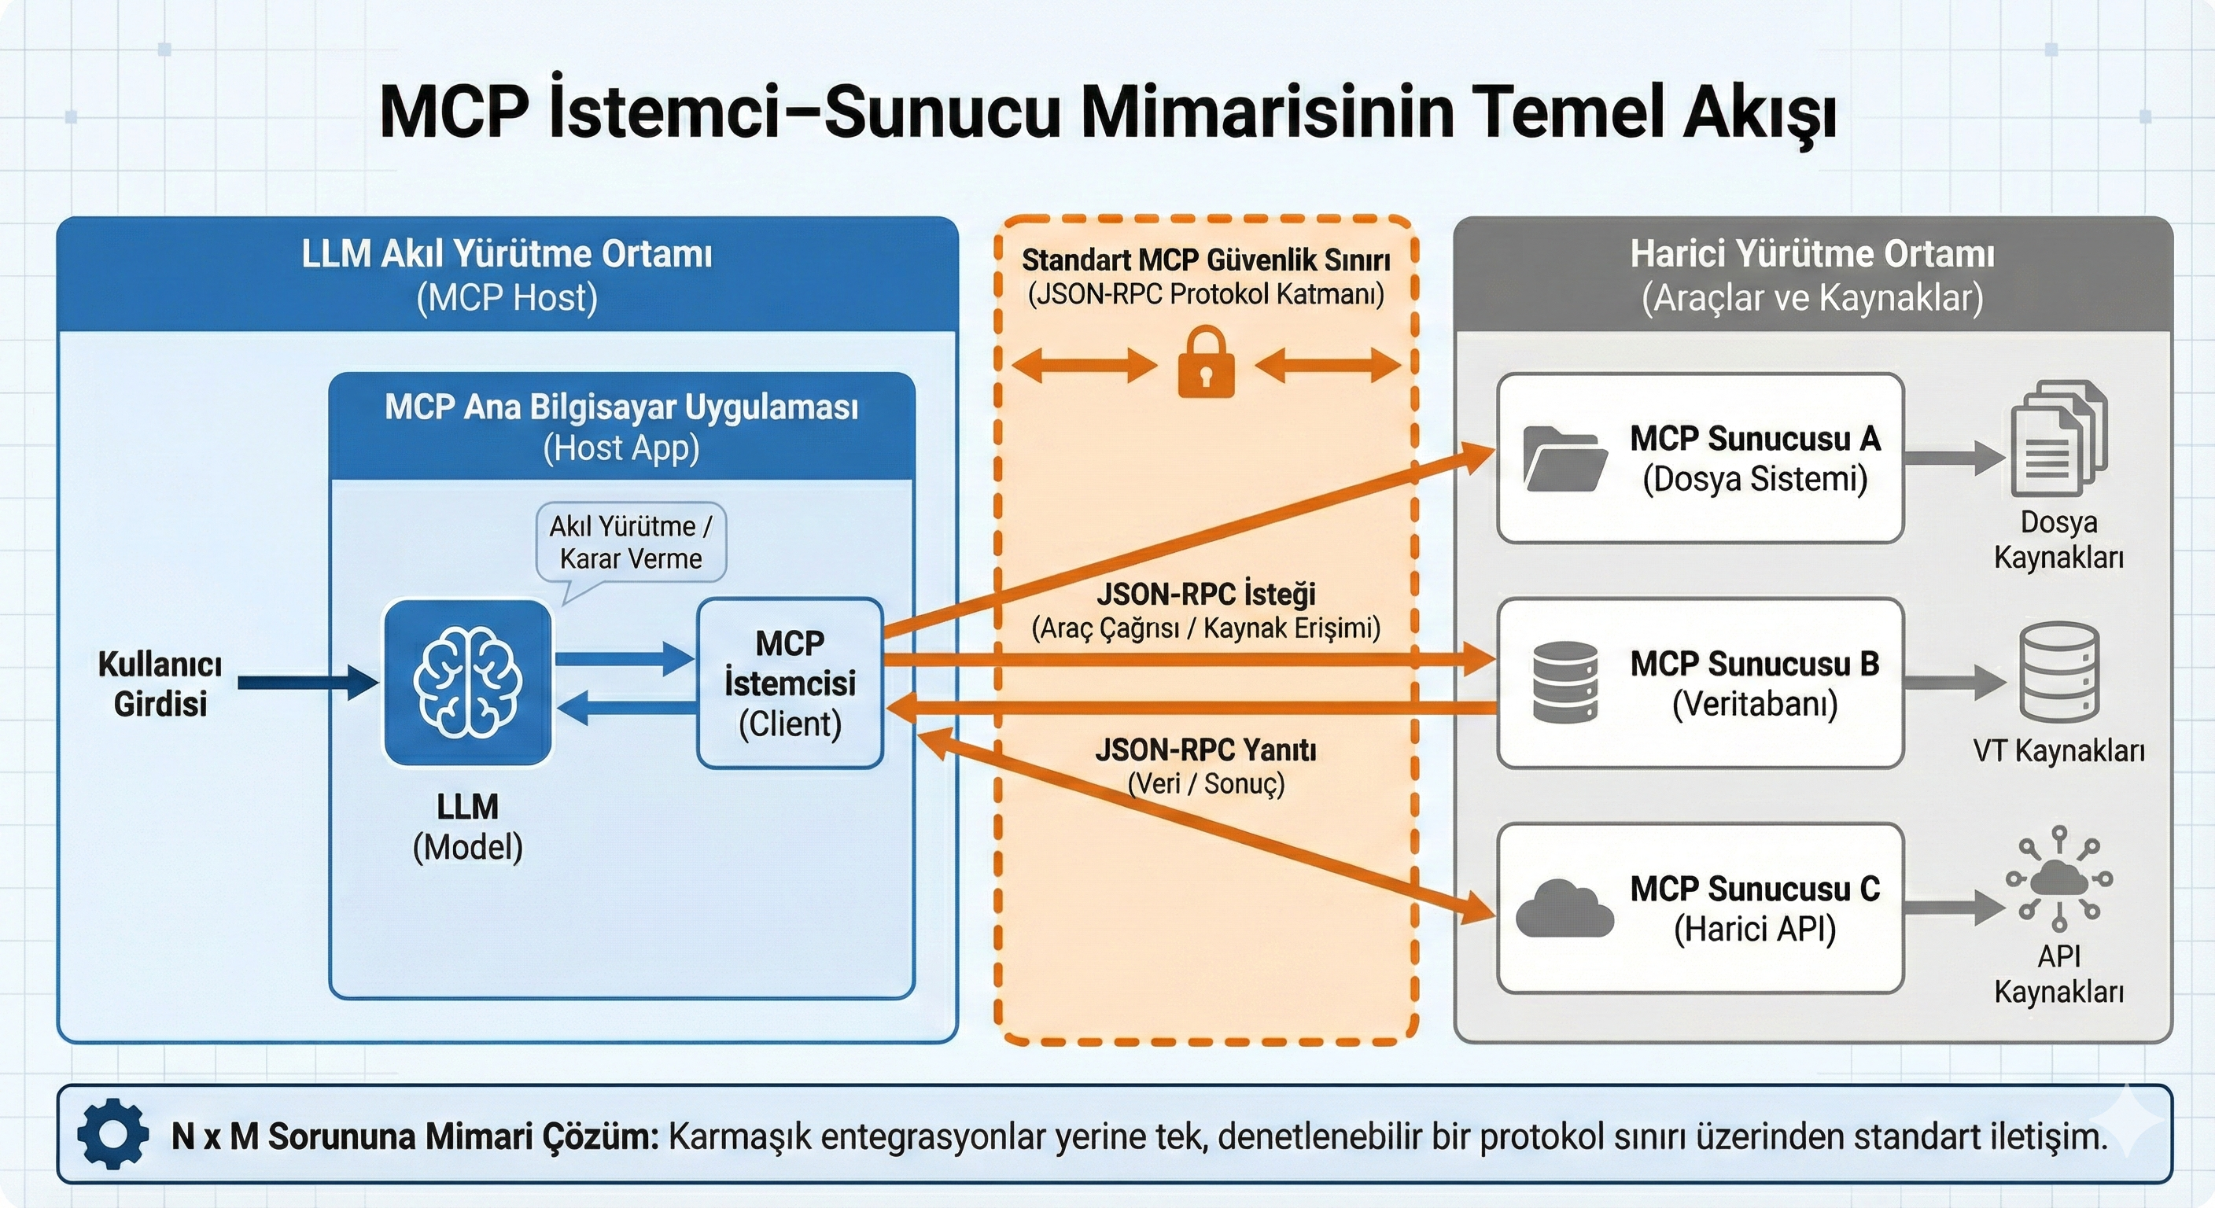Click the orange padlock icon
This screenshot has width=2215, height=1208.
pos(1206,363)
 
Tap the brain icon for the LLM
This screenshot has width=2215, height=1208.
pos(467,683)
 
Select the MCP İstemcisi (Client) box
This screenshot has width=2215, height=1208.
pos(790,683)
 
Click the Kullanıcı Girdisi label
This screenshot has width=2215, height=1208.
pos(160,684)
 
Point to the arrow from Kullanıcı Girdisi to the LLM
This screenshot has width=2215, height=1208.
pos(307,683)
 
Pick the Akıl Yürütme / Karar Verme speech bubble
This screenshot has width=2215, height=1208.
pos(630,543)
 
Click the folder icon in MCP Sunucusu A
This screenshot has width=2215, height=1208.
pos(1564,459)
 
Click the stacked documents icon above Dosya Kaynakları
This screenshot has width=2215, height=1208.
pos(2058,440)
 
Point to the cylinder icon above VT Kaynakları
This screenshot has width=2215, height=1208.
pos(2058,672)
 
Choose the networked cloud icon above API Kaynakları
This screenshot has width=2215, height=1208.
pos(2058,878)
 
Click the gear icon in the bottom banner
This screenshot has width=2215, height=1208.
pos(112,1134)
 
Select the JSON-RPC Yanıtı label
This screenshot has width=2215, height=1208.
pos(1206,750)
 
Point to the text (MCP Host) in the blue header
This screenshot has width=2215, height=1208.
pos(507,298)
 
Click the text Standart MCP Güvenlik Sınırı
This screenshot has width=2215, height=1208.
pos(1206,260)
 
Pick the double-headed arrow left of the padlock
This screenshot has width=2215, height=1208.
pos(1084,366)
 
